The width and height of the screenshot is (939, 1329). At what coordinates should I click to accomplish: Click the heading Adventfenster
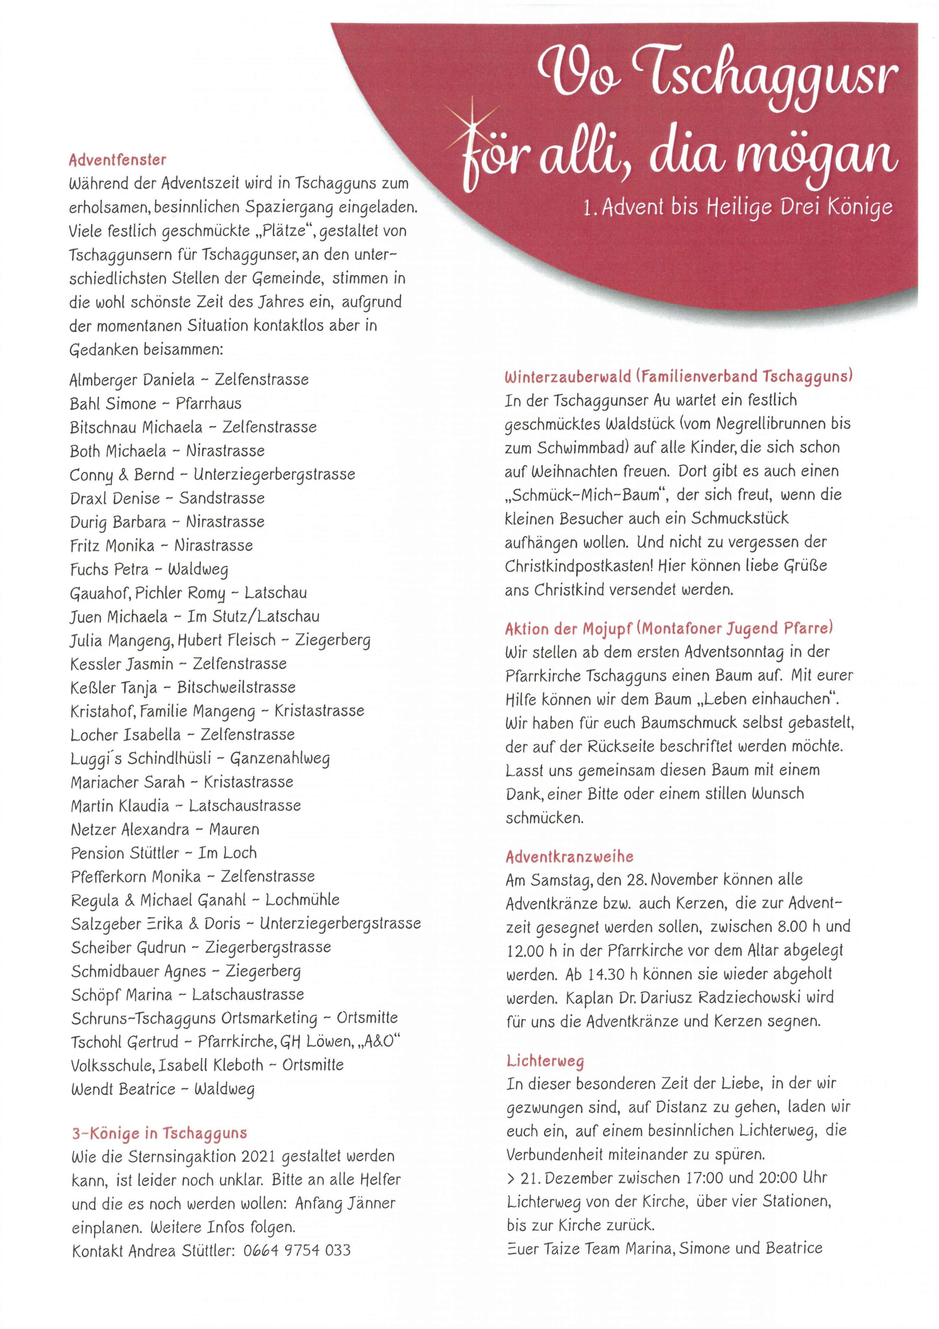(117, 160)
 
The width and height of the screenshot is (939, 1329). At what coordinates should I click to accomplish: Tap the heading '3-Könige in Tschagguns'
(159, 1133)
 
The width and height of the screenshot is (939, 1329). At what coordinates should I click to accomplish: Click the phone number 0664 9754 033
(297, 1250)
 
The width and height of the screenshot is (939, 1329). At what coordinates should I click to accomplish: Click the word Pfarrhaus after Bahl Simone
(208, 403)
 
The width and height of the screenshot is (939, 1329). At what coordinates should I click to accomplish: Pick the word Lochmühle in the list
(302, 900)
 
